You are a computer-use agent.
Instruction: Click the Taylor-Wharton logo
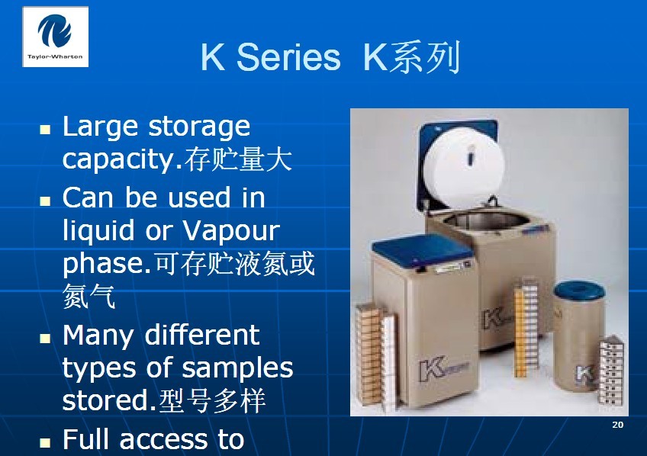55,37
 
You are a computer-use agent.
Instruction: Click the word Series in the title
288,57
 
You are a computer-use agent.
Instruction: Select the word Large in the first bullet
100,127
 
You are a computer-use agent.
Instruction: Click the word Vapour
231,230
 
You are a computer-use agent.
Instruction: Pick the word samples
237,368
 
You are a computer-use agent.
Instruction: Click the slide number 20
618,425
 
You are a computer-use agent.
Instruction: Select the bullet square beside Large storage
45,130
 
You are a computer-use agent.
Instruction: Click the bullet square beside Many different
45,338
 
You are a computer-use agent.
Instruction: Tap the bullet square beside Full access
45,442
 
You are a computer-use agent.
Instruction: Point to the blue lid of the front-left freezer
422,249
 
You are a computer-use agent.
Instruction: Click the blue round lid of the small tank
579,290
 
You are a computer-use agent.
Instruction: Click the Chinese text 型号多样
211,400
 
